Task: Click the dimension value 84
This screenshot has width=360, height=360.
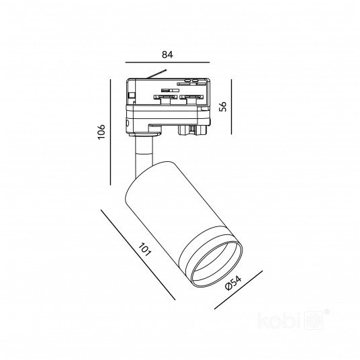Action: pos(167,54)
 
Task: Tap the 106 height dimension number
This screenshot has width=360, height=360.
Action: pos(101,132)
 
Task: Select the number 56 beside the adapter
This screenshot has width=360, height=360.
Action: pos(222,106)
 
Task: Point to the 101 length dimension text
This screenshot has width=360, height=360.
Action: pos(144,249)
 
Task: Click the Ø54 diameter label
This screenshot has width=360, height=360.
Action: pos(233,283)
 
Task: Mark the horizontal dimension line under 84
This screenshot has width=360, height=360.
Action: pos(167,62)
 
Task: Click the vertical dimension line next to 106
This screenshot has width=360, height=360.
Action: pos(110,132)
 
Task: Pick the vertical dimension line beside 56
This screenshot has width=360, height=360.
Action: pos(232,107)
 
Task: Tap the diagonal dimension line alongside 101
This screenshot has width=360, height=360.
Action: pos(138,255)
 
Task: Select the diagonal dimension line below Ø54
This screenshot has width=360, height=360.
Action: pos(238,290)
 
